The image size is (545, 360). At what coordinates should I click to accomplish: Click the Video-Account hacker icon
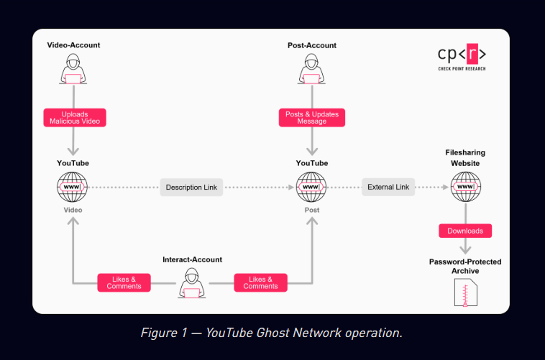click(73, 69)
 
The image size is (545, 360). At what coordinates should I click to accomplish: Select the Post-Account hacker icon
click(311, 69)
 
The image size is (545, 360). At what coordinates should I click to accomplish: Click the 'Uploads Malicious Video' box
click(74, 117)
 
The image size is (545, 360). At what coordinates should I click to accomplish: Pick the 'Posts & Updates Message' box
click(311, 117)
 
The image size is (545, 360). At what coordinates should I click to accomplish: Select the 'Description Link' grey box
click(191, 188)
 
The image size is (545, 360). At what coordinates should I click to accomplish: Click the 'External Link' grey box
click(388, 188)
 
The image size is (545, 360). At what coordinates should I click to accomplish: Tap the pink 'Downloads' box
click(465, 231)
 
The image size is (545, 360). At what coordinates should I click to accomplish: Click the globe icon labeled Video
click(73, 188)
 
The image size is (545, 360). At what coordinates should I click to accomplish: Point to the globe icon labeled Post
click(311, 188)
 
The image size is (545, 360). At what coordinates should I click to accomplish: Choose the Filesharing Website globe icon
click(465, 188)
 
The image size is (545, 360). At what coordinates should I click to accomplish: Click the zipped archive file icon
click(465, 292)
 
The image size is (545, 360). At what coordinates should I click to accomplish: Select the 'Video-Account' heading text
click(73, 45)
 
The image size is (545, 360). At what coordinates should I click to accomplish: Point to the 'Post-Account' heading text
click(311, 45)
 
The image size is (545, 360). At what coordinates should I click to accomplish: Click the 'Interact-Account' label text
click(192, 259)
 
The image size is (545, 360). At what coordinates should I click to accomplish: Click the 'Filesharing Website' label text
click(465, 159)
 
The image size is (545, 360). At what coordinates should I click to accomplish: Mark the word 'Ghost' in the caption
click(271, 333)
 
